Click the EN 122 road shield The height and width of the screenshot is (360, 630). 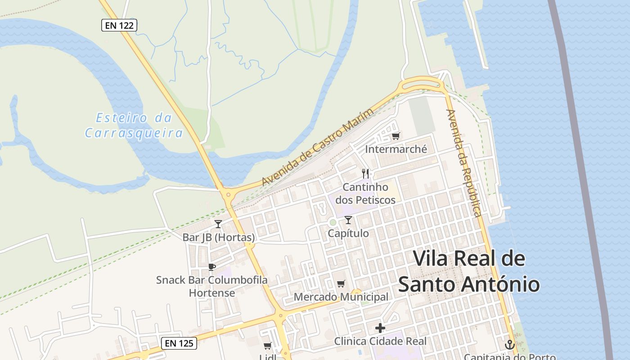tap(119, 25)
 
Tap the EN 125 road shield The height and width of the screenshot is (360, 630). tap(179, 343)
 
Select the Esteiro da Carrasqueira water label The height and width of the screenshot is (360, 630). tap(134, 126)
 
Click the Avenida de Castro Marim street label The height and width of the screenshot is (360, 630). tap(318, 147)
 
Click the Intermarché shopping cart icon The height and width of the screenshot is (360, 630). tap(396, 136)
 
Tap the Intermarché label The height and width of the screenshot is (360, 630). tap(396, 149)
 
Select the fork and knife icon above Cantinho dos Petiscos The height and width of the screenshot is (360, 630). tap(365, 174)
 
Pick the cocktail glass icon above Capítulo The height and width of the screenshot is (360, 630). tap(348, 220)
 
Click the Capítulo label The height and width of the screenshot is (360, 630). tap(348, 233)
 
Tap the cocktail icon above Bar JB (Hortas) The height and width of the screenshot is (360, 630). tap(218, 224)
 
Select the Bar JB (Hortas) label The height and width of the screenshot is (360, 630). tap(219, 237)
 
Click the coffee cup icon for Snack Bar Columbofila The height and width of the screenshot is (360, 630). tap(212, 267)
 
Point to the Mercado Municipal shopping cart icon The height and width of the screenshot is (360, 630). tap(341, 283)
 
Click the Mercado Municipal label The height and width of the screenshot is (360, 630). tap(341, 297)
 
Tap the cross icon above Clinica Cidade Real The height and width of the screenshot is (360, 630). tap(380, 328)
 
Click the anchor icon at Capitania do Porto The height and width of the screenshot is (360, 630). tap(510, 345)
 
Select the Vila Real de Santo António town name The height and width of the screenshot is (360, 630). tap(469, 271)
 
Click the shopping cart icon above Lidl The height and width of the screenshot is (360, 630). tap(268, 346)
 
